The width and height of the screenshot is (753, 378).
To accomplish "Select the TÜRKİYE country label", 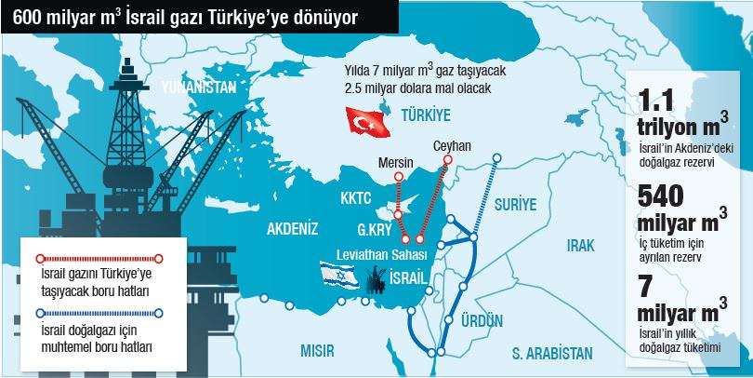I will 425,115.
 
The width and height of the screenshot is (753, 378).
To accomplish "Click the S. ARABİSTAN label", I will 551,354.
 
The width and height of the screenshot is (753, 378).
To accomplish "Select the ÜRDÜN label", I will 482,320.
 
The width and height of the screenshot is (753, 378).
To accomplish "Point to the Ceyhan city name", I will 453,146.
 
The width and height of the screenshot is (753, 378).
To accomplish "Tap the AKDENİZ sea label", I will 293,228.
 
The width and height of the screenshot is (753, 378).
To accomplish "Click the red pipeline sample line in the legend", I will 98,256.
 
